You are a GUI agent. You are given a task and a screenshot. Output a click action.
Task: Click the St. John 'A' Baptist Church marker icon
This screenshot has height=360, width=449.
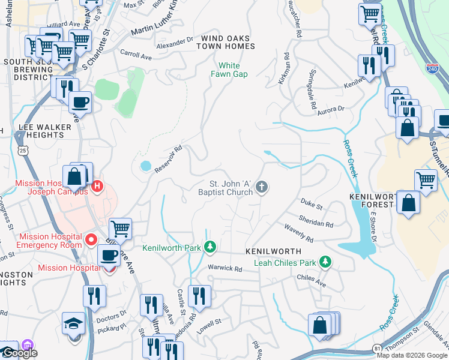pyautogui.click(x=261, y=188)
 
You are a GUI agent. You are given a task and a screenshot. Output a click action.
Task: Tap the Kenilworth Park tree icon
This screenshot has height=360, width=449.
pyautogui.click(x=210, y=247)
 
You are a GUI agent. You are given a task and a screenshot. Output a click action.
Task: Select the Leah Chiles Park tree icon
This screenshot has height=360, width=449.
pyautogui.click(x=325, y=262)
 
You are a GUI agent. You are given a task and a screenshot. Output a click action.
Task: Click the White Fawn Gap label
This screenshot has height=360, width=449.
pyautogui.click(x=229, y=70)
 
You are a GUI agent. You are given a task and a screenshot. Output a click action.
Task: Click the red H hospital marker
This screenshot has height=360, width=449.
pyautogui.click(x=97, y=188)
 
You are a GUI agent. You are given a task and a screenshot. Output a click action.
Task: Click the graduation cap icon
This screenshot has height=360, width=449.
pyautogui.click(x=73, y=323)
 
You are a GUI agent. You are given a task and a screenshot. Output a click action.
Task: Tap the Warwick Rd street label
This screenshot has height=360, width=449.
pyautogui.click(x=224, y=268)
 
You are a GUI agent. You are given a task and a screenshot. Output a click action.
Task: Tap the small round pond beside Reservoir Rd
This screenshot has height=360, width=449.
pyautogui.click(x=145, y=166)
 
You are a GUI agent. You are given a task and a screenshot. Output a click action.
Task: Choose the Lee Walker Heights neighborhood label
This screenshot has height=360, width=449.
pyautogui.click(x=41, y=131)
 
